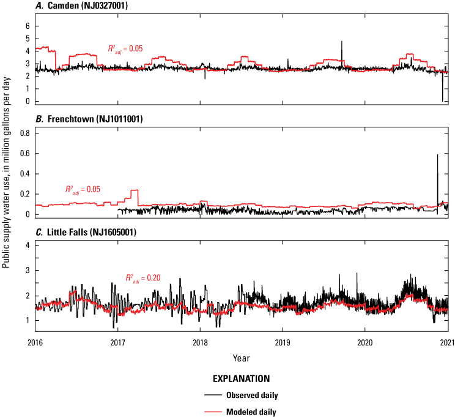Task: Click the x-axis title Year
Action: pos(241,357)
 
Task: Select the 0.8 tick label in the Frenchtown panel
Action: pos(24,132)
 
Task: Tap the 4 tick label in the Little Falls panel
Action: pos(28,246)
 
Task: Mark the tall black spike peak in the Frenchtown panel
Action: pos(437,154)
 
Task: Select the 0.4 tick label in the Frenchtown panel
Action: pos(24,173)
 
